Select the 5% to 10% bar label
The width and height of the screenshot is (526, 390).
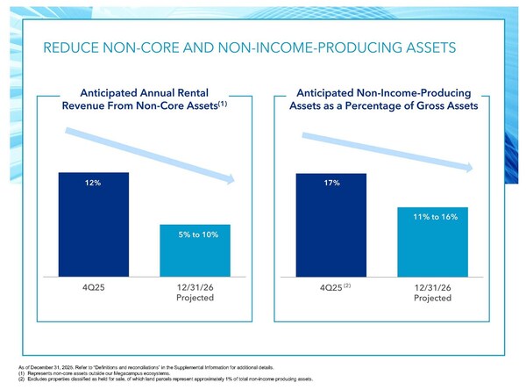point(195,235)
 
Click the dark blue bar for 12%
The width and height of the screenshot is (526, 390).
point(94,228)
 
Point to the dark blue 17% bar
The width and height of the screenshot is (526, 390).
point(331,228)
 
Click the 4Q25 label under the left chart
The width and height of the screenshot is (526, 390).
point(94,287)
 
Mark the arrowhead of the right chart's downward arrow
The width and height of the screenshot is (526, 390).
point(473,169)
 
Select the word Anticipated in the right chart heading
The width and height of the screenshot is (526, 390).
point(332,91)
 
